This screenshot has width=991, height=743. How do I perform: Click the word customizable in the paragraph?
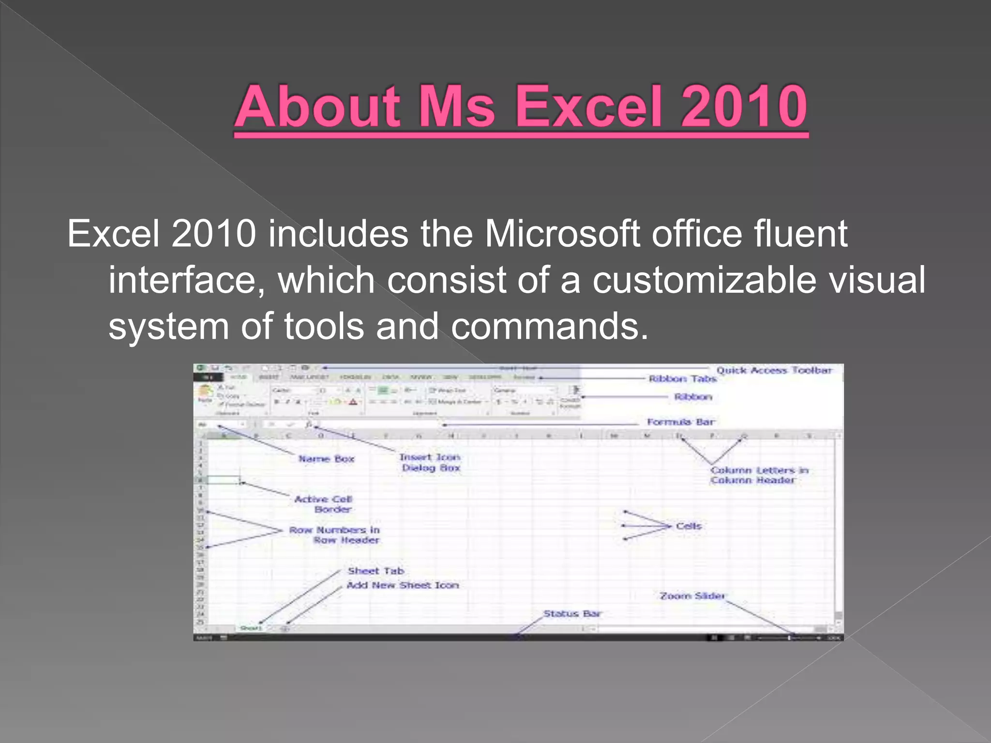[x=705, y=281]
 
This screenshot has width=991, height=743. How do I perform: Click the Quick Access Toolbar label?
[x=774, y=371]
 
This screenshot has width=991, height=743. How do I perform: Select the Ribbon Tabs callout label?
[x=682, y=379]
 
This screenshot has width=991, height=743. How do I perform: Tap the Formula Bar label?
[x=681, y=422]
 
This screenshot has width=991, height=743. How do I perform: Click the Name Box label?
[x=326, y=459]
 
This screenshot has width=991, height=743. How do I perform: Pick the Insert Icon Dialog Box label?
[x=430, y=462]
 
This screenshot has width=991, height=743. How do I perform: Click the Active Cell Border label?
[x=324, y=504]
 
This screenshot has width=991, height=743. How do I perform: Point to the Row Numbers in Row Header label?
[x=335, y=535]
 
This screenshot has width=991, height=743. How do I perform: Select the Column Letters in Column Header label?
[x=759, y=475]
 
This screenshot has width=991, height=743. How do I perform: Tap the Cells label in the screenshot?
[x=689, y=526]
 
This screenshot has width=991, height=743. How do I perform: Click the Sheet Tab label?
[x=376, y=571]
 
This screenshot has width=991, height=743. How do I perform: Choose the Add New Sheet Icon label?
[x=403, y=585]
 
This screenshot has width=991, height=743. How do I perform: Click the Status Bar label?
[x=572, y=614]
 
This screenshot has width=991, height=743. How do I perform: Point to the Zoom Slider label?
[x=692, y=596]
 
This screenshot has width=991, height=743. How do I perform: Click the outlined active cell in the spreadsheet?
[x=224, y=480]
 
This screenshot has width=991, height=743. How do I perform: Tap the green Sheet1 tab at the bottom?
[x=251, y=628]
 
